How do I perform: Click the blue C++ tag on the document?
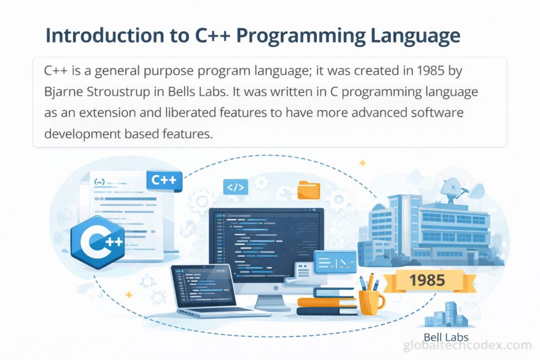click(x=164, y=180)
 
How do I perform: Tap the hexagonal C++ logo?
click(x=98, y=241)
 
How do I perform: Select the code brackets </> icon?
click(x=236, y=187)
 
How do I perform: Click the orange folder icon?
click(x=309, y=190)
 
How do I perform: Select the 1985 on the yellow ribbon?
click(x=427, y=280)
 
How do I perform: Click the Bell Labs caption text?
click(x=446, y=337)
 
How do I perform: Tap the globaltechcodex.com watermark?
click(x=467, y=345)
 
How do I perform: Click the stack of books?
click(x=326, y=301)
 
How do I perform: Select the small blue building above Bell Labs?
click(x=446, y=315)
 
